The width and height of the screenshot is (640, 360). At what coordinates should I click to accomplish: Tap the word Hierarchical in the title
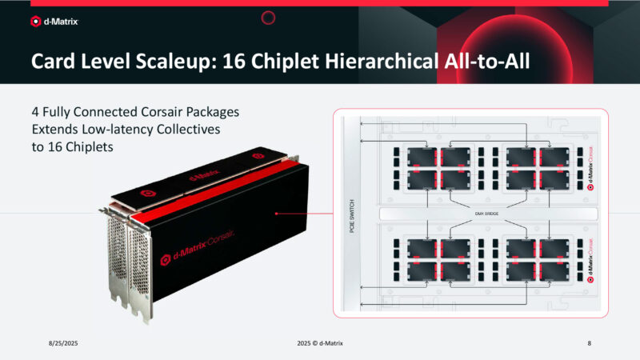point(361,62)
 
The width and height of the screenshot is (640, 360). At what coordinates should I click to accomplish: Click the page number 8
point(589,342)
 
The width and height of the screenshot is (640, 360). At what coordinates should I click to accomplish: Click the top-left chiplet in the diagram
point(422,156)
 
